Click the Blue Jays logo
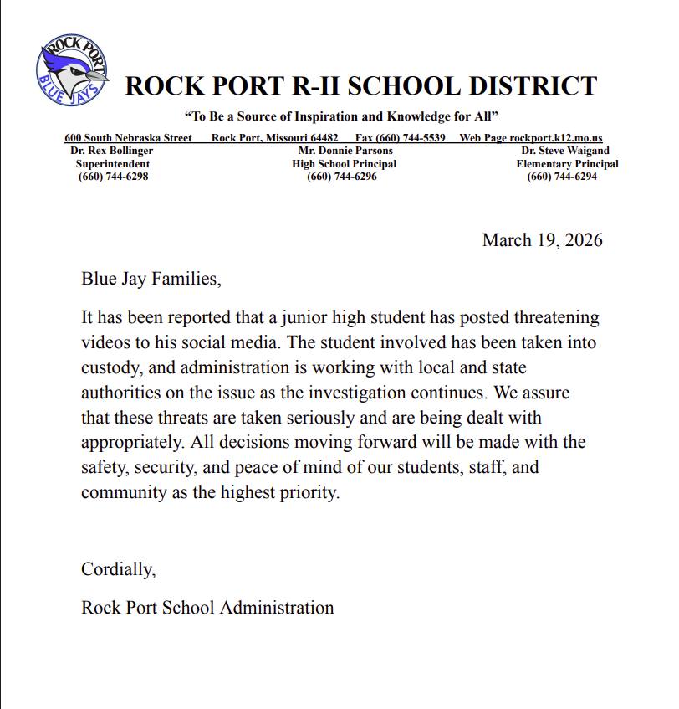(72, 69)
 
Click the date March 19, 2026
(542, 241)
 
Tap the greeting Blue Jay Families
(151, 279)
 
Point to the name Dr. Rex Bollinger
(112, 151)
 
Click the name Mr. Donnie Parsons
(345, 151)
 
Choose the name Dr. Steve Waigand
(564, 151)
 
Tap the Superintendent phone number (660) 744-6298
(113, 177)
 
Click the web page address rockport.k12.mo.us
(556, 138)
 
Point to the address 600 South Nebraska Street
(128, 138)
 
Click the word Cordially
(118, 570)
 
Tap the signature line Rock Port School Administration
(207, 608)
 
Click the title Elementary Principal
(567, 164)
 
